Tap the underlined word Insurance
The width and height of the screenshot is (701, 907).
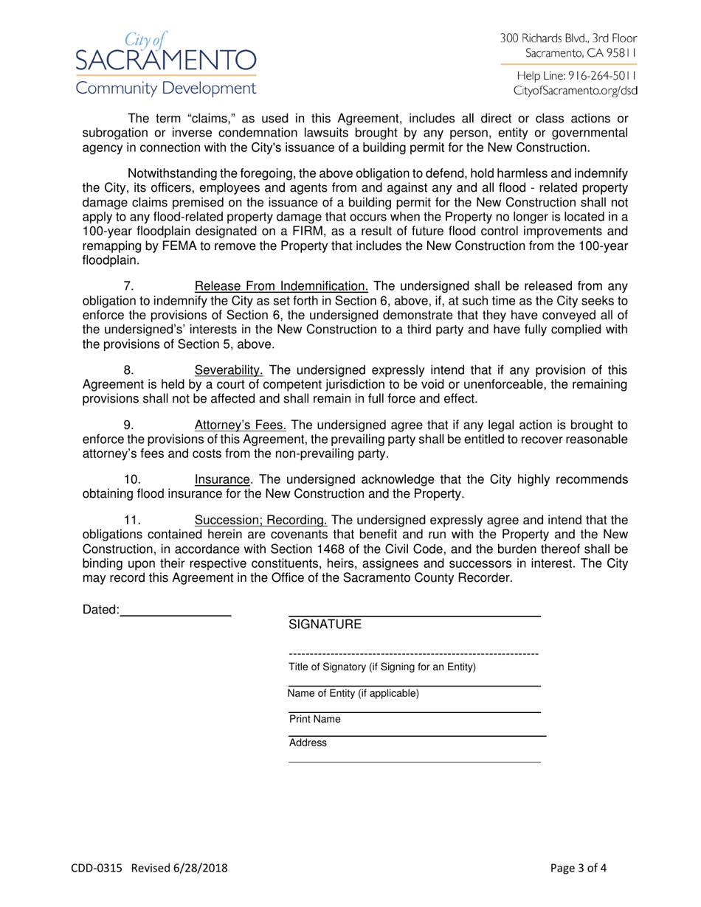click(221, 479)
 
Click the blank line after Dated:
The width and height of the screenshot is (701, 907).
click(176, 610)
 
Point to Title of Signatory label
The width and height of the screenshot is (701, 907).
click(382, 667)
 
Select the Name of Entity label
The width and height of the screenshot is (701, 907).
click(353, 693)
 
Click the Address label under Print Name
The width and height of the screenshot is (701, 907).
click(308, 743)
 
